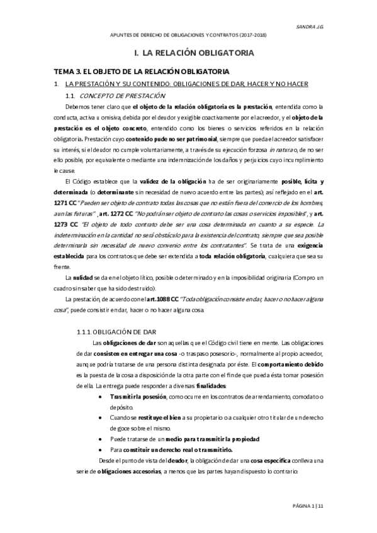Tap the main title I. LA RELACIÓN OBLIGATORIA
[x=190, y=53]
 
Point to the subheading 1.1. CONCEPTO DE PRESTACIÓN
[x=120, y=96]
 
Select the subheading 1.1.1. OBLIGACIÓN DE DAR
[x=120, y=331]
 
